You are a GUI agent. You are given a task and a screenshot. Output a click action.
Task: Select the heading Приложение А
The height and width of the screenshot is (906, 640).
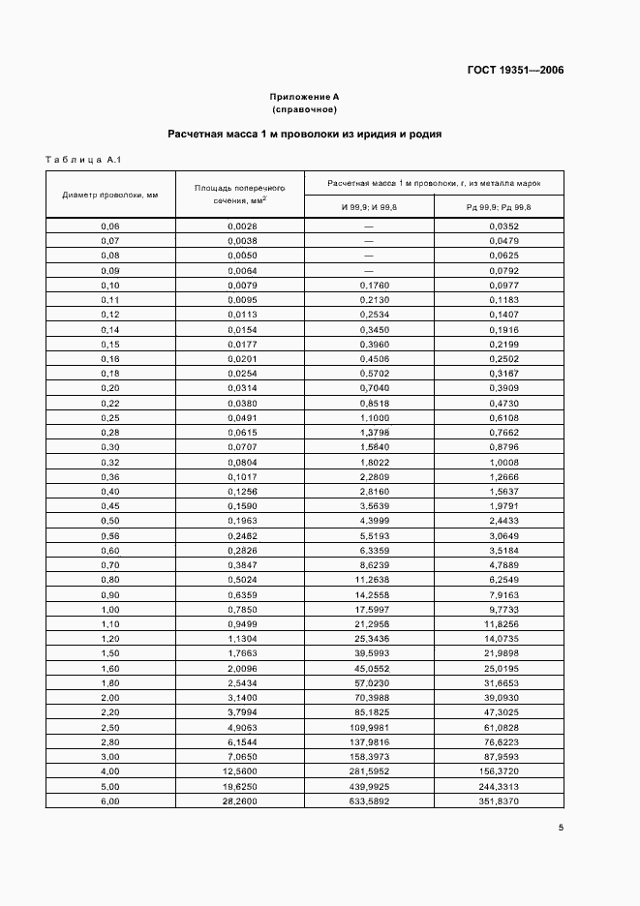(x=304, y=97)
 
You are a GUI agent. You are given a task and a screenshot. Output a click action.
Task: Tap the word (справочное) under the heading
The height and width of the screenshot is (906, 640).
(x=304, y=110)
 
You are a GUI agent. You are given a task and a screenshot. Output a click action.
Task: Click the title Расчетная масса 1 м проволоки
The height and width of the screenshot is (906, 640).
(x=304, y=135)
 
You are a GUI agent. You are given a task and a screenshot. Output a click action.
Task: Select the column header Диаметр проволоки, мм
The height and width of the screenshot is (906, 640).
(x=109, y=195)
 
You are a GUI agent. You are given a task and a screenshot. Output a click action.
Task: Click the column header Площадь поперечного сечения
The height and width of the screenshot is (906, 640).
(x=239, y=195)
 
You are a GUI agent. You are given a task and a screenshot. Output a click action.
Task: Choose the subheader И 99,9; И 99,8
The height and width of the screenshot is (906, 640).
(x=368, y=207)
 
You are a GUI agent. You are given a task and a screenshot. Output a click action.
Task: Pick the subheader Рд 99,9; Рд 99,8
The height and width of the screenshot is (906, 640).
(x=498, y=207)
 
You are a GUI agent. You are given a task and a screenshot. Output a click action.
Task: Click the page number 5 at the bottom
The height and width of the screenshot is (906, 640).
(x=560, y=827)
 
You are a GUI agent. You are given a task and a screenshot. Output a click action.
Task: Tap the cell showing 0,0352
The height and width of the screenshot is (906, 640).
(x=498, y=226)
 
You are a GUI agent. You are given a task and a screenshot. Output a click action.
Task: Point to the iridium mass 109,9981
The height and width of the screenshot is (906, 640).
(x=368, y=726)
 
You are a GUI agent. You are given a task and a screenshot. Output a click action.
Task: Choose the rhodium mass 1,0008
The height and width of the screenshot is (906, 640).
(x=498, y=463)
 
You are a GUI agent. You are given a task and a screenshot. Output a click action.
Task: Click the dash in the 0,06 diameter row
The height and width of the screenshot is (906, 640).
(x=368, y=226)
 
